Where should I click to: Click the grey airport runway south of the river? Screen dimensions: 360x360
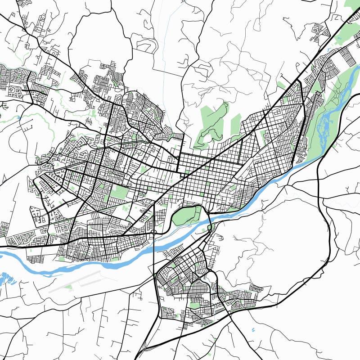coord(81,281)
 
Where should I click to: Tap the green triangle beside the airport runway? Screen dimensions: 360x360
coord(68,287)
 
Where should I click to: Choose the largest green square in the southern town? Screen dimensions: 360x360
coord(194,305)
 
